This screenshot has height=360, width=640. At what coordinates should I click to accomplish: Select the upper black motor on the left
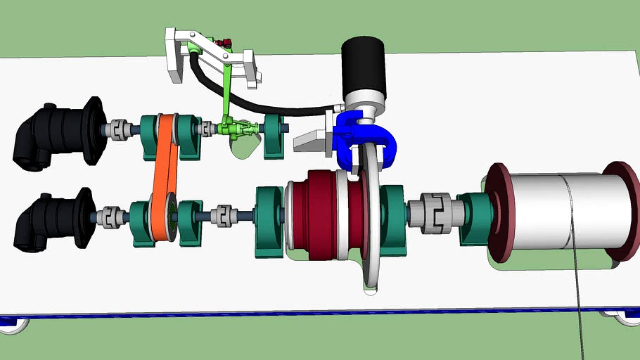60,135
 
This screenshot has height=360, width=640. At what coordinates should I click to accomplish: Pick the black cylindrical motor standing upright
363,67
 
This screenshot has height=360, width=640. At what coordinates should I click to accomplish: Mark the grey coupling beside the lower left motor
113,217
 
